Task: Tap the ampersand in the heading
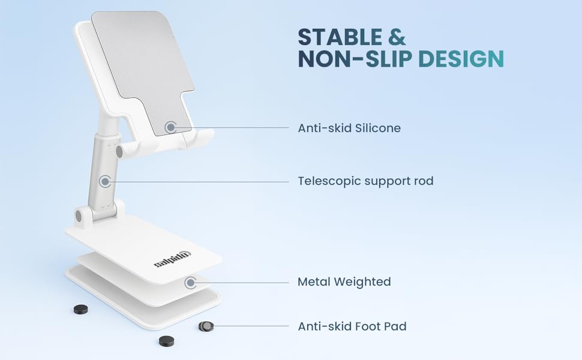coord(396,37)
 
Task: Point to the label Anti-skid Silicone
coord(349,128)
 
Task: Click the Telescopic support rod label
coord(365,181)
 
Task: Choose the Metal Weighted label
coord(344,281)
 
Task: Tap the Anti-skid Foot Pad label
coord(352,326)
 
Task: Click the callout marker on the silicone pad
coord(171,127)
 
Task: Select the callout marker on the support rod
coord(105,181)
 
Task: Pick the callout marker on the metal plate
coord(191,281)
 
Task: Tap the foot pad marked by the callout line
coord(206,326)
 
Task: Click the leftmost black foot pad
coord(80,309)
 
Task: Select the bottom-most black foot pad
coord(166,341)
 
